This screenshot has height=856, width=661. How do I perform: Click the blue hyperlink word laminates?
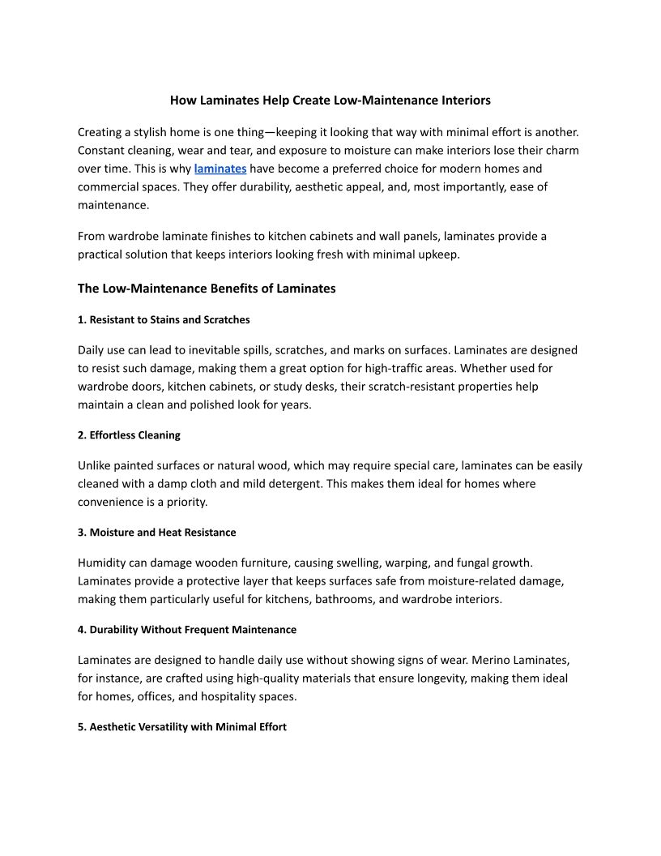point(220,169)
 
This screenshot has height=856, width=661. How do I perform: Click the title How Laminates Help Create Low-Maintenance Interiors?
point(330,101)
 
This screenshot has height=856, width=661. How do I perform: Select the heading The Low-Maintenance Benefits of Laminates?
point(207,288)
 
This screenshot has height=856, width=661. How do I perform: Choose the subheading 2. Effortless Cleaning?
point(129,435)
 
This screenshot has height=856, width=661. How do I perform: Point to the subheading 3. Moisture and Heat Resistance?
point(157,533)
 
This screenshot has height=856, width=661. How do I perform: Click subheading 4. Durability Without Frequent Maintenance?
point(187,630)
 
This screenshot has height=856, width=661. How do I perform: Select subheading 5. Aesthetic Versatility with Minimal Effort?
point(182,727)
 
